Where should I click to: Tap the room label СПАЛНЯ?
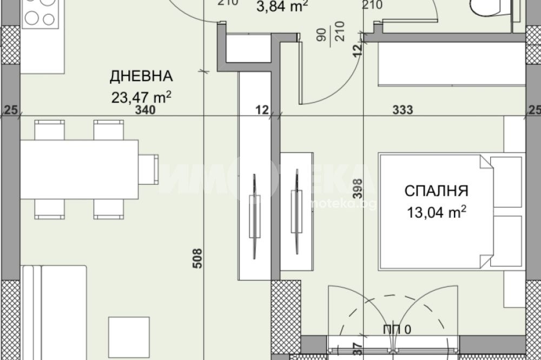click(436, 191)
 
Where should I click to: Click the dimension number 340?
click(147, 110)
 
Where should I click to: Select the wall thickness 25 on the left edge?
click(10, 110)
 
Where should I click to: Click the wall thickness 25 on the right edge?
click(534, 110)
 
